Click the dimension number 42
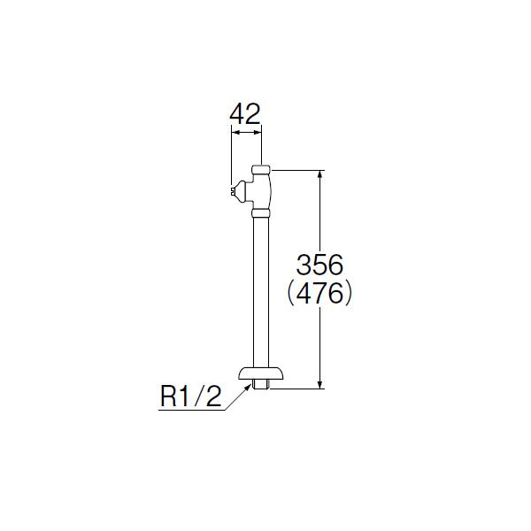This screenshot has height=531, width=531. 245,114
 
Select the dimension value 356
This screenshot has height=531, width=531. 319,265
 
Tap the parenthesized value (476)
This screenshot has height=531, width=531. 319,294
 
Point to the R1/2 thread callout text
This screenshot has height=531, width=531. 190,396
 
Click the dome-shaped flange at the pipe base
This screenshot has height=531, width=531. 261,373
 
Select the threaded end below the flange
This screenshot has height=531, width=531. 261,385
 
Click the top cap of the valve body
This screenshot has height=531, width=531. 261,169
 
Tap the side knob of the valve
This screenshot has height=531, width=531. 242,192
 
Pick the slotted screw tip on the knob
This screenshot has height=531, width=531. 232,191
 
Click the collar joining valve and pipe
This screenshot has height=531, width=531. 261,213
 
